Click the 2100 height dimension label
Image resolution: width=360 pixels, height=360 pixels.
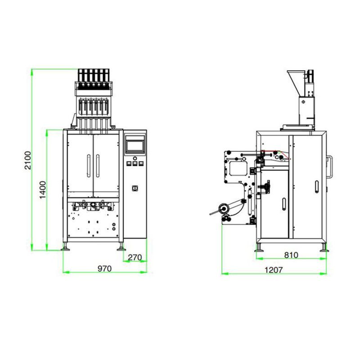coord(28,160)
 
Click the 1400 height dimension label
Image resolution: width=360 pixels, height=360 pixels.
coord(43,190)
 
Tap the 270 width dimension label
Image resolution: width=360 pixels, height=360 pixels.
coord(135,257)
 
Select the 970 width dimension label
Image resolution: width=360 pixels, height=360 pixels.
coord(104,269)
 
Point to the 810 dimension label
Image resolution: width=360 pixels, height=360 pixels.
coord(291,255)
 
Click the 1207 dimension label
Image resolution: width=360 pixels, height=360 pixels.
coord(274,270)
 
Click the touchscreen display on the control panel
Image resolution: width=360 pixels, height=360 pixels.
coord(135,146)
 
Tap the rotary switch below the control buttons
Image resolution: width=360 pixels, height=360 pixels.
coord(135,188)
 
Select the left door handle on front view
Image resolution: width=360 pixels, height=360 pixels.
coord(89,166)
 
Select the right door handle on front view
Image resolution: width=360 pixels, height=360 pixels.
coord(98,166)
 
